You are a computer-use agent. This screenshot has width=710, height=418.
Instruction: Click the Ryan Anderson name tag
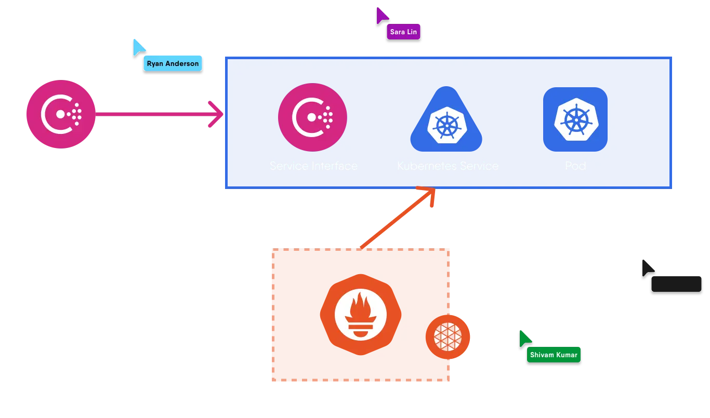click(173, 63)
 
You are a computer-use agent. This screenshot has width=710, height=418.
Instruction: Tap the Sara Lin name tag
click(403, 32)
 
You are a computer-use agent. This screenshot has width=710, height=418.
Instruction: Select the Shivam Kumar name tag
click(554, 355)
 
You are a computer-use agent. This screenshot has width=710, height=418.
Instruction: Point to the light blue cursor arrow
click(139, 47)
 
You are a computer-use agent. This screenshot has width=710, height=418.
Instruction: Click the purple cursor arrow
click(382, 15)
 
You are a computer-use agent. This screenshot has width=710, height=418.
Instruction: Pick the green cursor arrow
click(525, 338)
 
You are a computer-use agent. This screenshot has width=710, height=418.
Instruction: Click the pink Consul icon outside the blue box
click(60, 114)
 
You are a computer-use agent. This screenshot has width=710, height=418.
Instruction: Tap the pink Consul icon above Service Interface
click(312, 117)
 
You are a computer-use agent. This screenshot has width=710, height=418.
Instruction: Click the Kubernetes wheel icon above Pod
click(575, 119)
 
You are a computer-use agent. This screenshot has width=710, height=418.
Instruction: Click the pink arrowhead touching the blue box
click(217, 114)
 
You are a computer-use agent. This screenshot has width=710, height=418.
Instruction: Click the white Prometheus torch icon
click(360, 314)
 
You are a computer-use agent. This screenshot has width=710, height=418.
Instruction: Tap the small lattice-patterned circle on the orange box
click(448, 336)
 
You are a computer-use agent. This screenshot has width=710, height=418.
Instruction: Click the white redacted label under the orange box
click(361, 393)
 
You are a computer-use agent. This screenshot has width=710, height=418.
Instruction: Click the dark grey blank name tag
click(676, 284)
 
